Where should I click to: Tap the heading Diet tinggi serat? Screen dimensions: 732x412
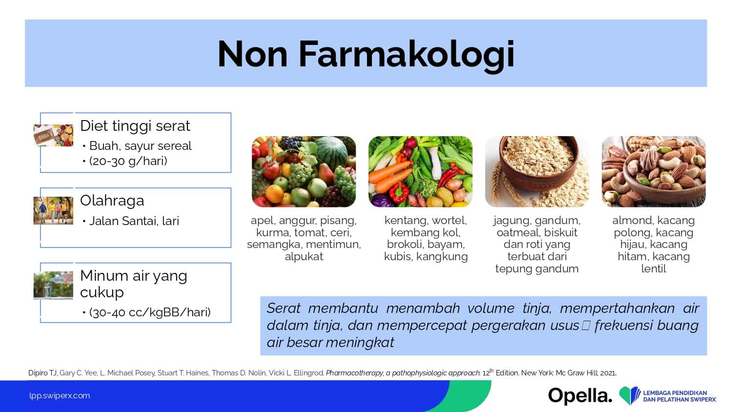[x=135, y=126]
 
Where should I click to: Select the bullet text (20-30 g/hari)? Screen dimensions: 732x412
[x=128, y=161]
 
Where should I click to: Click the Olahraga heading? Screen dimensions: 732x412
[x=112, y=201]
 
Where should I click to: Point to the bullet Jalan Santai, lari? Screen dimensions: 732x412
[x=134, y=221]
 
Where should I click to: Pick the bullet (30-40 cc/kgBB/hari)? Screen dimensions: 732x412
[x=150, y=312]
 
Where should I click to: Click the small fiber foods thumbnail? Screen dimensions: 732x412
[x=53, y=135]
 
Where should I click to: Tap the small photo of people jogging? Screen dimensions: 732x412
[x=53, y=210]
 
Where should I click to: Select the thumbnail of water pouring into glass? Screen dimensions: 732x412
[x=53, y=286]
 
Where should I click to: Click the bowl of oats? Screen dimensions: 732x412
[x=539, y=163]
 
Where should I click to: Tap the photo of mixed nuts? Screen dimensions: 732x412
[x=653, y=172]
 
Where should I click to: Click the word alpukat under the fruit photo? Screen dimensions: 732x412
[x=304, y=257]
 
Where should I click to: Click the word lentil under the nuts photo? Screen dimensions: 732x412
[x=653, y=269]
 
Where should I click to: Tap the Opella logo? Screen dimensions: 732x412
[x=580, y=396]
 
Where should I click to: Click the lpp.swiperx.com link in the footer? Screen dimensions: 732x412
[x=60, y=396]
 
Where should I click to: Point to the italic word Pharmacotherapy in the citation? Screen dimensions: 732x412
[x=354, y=373]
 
